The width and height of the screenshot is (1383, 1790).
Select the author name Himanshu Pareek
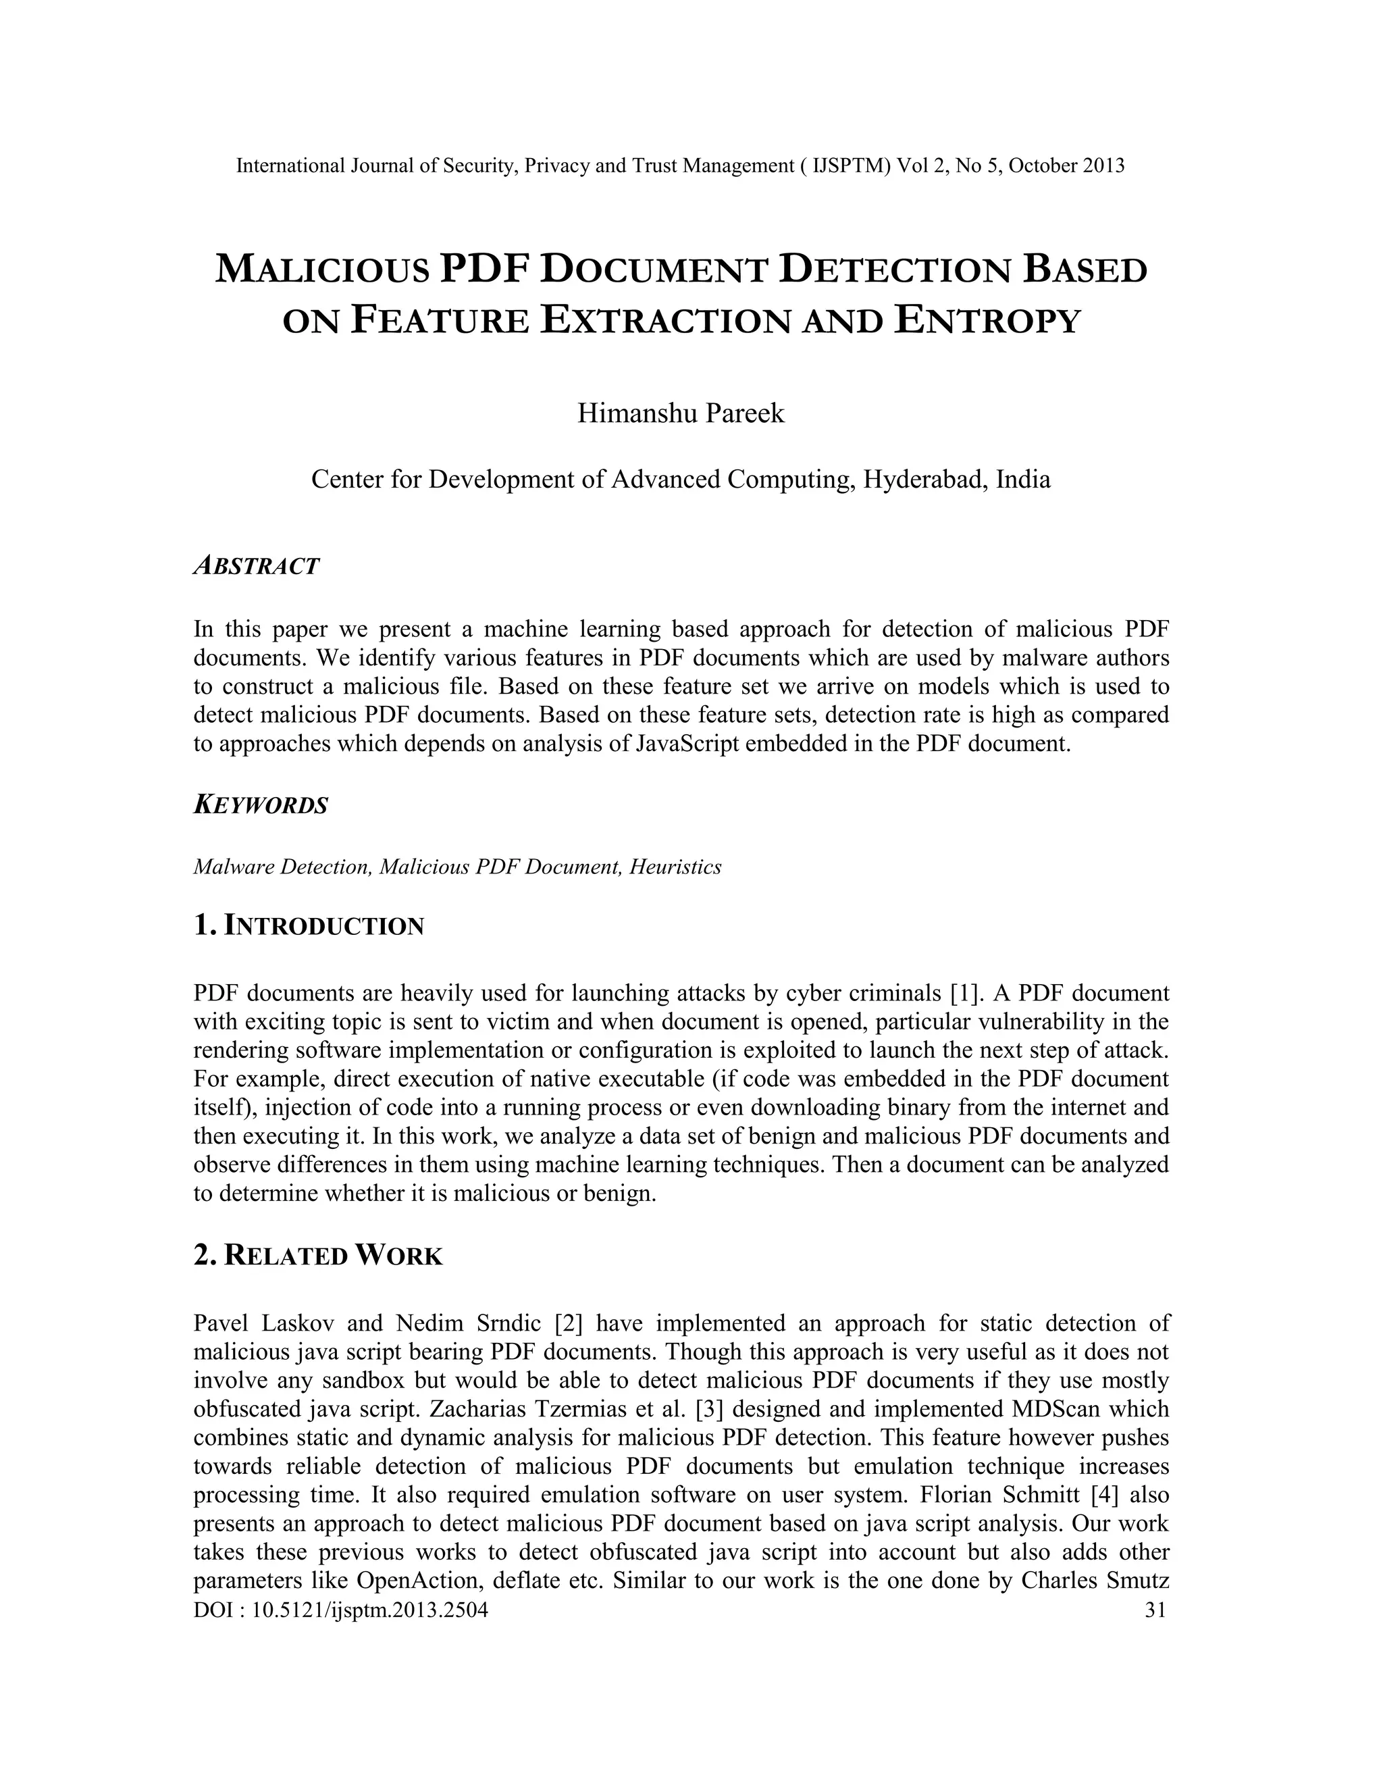[x=681, y=413]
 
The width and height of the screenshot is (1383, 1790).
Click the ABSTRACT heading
[x=257, y=565]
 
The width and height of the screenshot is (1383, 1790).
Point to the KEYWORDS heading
[x=261, y=805]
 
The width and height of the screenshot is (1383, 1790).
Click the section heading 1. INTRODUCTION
[x=309, y=926]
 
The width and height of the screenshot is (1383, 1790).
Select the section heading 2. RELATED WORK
[x=318, y=1256]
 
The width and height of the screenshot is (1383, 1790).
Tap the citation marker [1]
[x=968, y=994]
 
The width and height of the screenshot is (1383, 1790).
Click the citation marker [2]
[x=569, y=1324]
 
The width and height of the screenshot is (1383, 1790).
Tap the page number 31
[x=1154, y=1610]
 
